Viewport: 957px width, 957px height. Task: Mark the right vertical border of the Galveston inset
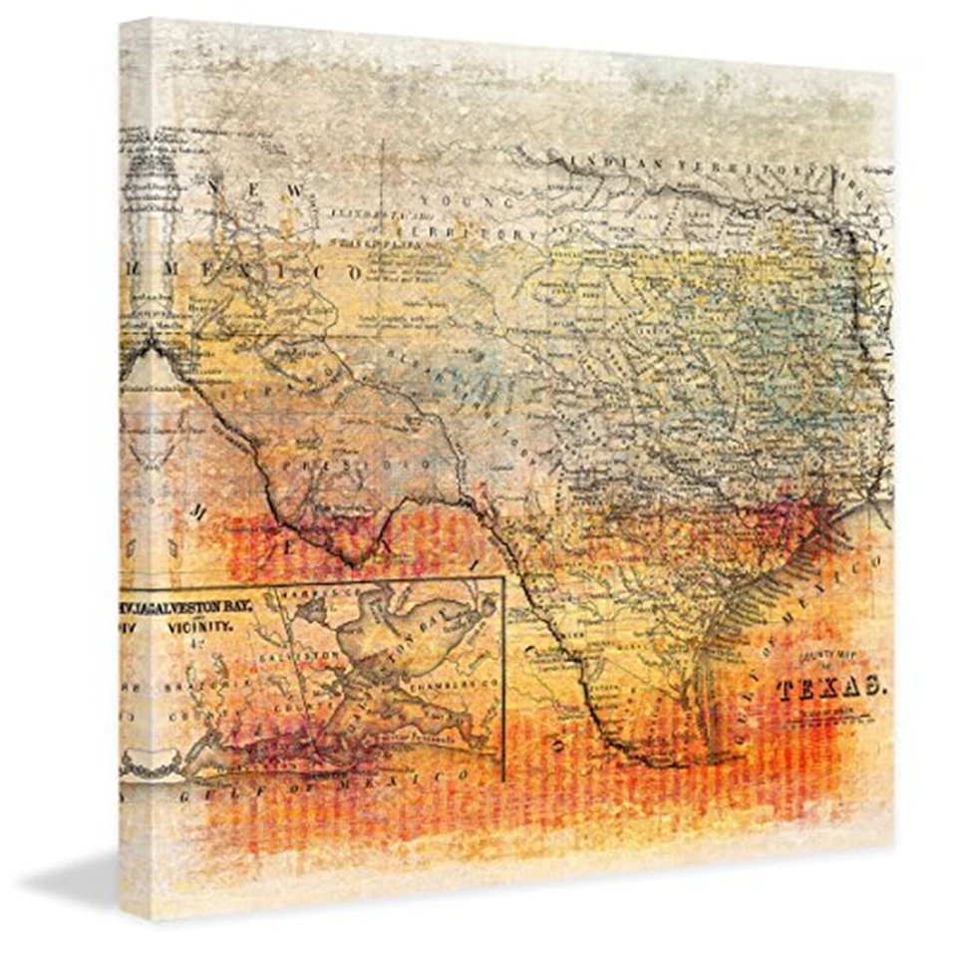tap(503, 678)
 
